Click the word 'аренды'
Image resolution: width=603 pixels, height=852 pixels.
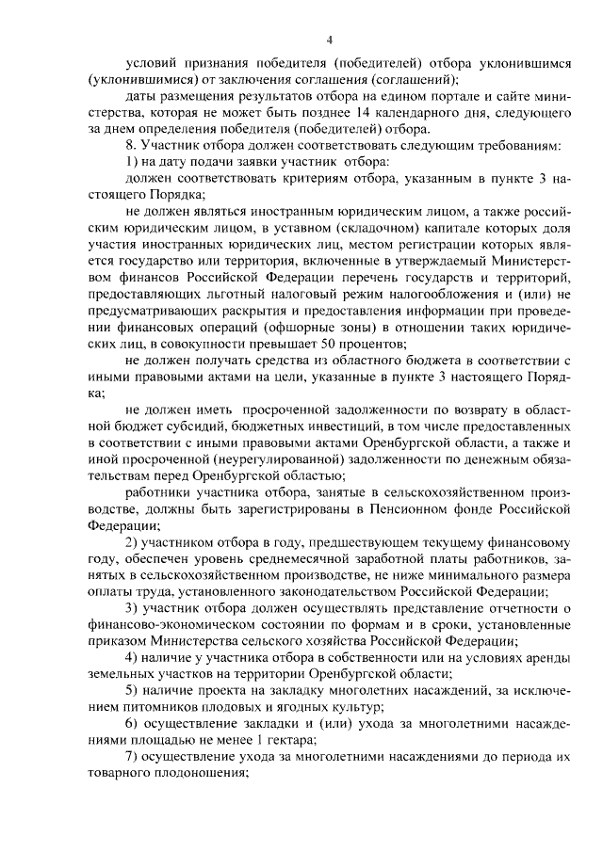(x=545, y=659)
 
